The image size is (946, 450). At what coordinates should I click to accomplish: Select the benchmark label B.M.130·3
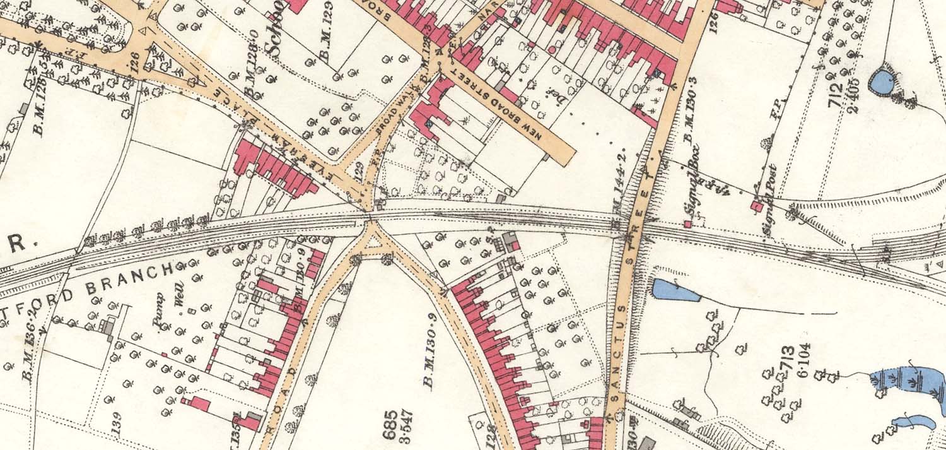[689, 120]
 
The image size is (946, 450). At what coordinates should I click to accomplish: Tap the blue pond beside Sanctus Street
[675, 290]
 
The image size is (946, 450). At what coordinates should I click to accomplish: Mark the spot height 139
[116, 427]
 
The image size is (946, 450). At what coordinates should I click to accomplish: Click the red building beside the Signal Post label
[756, 206]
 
